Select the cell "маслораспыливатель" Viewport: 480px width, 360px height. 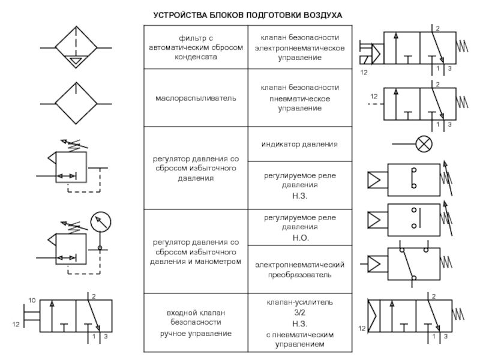pos(196,98)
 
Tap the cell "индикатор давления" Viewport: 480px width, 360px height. pos(298,145)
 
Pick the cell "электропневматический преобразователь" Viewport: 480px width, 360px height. pos(298,269)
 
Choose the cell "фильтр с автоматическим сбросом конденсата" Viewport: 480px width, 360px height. pos(196,47)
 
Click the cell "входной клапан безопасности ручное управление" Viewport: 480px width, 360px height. pos(196,322)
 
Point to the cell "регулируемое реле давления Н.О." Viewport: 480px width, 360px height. pos(298,227)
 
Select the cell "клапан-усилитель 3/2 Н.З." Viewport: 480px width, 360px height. pos(298,322)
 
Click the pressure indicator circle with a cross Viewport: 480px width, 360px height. pos(424,143)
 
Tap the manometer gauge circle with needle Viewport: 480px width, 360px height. pos(100,222)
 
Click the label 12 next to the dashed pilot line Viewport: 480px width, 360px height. pos(373,96)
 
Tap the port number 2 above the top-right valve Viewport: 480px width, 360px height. pos(437,28)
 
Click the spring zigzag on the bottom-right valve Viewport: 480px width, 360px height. pos(462,313)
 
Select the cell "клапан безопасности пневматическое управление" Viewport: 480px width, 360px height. pos(298,98)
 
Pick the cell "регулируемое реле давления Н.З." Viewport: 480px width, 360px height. pos(298,185)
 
